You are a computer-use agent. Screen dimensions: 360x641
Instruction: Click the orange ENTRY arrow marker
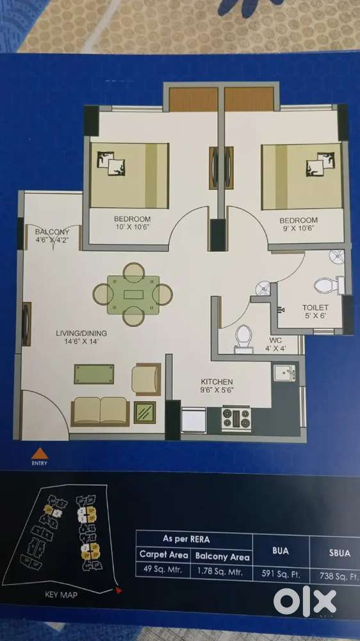pos(40,453)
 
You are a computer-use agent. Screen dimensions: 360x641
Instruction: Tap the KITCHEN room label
pos(216,381)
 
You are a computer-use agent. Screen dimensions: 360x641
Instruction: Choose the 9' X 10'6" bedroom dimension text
pos(299,229)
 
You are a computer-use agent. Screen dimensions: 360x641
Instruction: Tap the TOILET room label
pos(315,307)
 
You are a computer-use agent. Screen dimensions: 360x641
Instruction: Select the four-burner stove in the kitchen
pos(236,419)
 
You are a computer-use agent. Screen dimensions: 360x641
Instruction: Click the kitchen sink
pos(285,372)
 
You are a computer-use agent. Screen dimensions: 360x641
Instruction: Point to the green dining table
pos(133,295)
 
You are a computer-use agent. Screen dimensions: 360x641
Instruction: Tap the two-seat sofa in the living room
pos(100,412)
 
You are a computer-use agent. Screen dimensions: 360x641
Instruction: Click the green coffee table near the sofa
pos(94,374)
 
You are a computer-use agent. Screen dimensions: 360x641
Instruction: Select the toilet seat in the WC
pos(244,338)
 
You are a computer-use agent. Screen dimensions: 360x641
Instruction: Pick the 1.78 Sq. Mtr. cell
pos(222,572)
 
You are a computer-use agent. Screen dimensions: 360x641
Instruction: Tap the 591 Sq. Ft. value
pos(281,574)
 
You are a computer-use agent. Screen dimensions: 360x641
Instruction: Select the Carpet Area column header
pos(164,554)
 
